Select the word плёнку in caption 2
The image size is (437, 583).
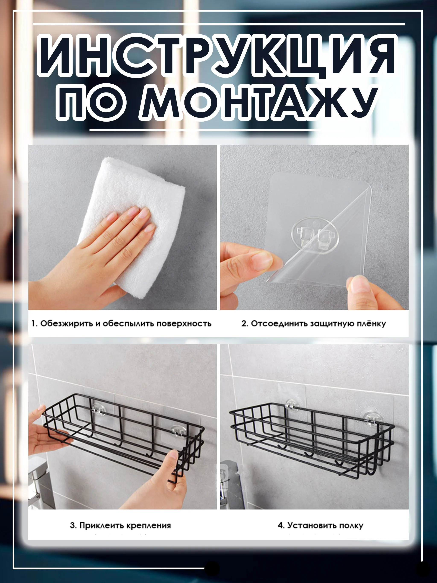tap(371, 324)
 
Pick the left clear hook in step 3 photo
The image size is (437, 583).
tap(98, 409)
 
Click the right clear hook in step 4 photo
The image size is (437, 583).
tap(372, 418)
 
